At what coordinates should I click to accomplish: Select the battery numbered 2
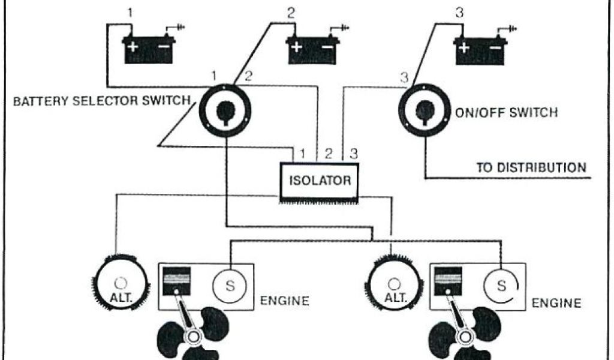[311, 49]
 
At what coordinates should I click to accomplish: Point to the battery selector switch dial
[225, 110]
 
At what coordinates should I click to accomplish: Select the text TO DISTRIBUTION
[531, 167]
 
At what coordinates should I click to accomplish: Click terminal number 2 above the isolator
[329, 153]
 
